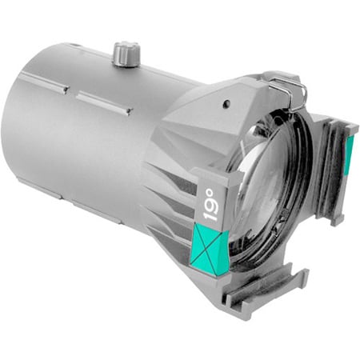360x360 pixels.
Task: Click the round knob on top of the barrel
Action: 126,54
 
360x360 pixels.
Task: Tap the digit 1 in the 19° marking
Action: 210,215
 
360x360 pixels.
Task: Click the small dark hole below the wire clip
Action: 226,102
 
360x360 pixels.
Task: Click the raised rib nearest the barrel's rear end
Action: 44,82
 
